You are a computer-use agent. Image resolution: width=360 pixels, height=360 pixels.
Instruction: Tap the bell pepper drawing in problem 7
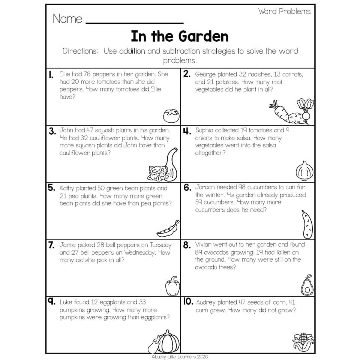172,286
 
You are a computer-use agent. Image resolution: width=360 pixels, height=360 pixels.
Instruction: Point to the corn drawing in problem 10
303,342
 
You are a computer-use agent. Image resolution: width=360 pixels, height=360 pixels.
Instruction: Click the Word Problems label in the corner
284,11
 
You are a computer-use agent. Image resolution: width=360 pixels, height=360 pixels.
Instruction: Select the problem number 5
51,188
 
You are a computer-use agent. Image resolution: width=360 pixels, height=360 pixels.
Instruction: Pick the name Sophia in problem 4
204,130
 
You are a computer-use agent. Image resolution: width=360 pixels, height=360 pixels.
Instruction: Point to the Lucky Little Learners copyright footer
180,357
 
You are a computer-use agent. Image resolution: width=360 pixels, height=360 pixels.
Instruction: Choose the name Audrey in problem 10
206,302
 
